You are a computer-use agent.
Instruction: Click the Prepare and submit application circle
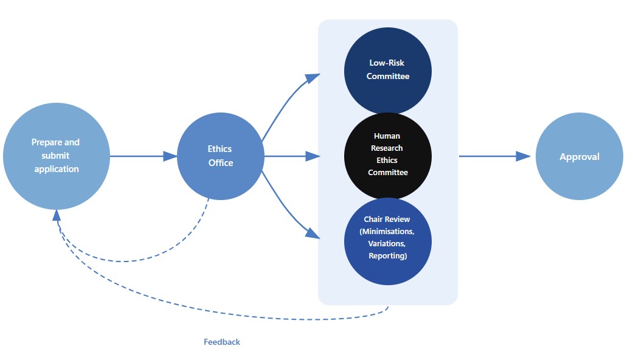pyautogui.click(x=57, y=156)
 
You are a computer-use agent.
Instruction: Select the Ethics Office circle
pyautogui.click(x=220, y=156)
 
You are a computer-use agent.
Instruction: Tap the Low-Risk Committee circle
pyautogui.click(x=388, y=71)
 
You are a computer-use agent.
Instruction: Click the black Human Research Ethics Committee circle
pyautogui.click(x=388, y=156)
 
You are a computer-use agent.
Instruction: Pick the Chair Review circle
pyautogui.click(x=388, y=241)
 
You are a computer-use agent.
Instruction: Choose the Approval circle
pyautogui.click(x=579, y=156)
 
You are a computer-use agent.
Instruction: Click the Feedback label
pyautogui.click(x=222, y=342)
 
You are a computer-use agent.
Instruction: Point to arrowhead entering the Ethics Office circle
pyautogui.click(x=170, y=156)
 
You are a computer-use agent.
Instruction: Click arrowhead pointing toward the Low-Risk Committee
pyautogui.click(x=313, y=78)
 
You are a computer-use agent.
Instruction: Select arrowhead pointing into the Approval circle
pyautogui.click(x=523, y=156)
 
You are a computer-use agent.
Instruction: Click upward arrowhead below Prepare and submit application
pyautogui.click(x=57, y=215)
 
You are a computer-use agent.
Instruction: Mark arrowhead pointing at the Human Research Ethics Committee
pyautogui.click(x=313, y=156)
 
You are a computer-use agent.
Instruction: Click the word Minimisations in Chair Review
pyautogui.click(x=388, y=232)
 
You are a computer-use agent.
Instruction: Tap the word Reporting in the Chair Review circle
pyautogui.click(x=387, y=255)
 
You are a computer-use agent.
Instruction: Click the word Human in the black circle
pyautogui.click(x=387, y=136)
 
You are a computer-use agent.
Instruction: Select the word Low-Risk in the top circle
pyautogui.click(x=387, y=63)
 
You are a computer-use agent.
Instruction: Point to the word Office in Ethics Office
pyautogui.click(x=221, y=162)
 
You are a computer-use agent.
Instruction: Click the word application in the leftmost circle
pyautogui.click(x=57, y=169)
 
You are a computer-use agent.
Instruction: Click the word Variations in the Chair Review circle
pyautogui.click(x=387, y=243)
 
